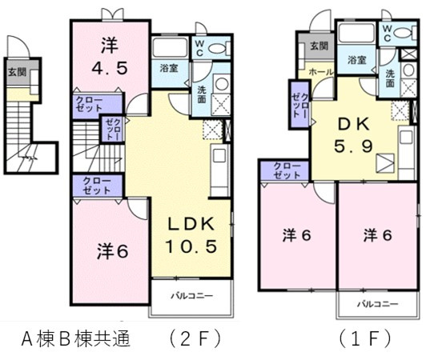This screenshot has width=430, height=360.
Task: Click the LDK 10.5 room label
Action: coord(191,235)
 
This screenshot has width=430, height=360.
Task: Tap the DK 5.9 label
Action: coord(353,135)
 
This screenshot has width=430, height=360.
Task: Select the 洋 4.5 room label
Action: coord(110,57)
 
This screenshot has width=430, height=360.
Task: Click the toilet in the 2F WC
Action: coord(219,49)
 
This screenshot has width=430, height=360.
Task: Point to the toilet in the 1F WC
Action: coord(404,32)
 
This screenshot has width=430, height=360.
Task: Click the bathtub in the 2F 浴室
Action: coord(170,47)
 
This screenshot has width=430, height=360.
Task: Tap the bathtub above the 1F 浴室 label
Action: coord(356,34)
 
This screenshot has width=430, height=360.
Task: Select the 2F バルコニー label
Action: coord(192,296)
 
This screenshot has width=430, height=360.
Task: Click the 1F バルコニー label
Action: coord(377,304)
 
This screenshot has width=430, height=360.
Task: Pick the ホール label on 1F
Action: coord(321,72)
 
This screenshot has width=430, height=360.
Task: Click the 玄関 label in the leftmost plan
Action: coord(17,72)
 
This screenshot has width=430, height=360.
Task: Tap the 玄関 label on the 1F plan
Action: coord(319,46)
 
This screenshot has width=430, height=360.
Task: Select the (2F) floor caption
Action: coord(195,339)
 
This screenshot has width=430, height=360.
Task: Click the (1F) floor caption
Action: coord(365,339)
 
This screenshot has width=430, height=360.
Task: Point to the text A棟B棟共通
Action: coord(76,339)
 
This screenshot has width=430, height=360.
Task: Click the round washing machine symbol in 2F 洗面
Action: coord(222,83)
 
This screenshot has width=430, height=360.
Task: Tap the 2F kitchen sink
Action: coord(219,155)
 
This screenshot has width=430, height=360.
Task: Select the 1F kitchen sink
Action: coord(406,138)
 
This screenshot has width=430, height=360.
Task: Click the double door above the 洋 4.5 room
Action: coord(112,14)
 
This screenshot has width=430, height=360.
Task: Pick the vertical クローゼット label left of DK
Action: coord(300,106)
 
